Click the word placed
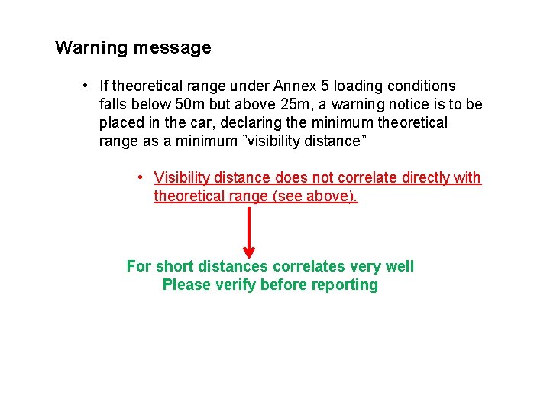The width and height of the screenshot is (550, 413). [121, 122]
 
